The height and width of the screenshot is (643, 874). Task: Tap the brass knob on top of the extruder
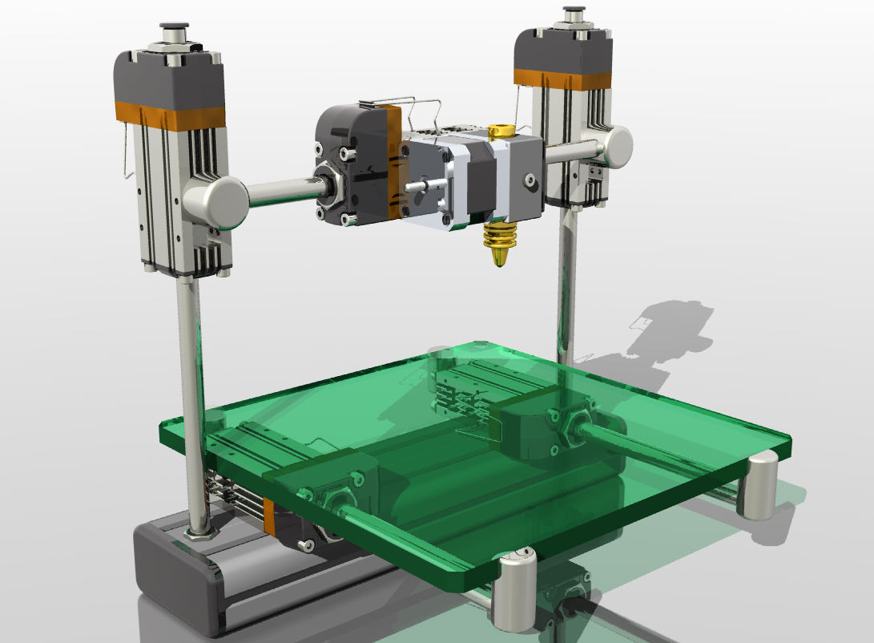[502, 129]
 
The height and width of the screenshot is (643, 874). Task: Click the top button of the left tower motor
[173, 33]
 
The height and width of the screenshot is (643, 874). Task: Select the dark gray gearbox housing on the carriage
[348, 164]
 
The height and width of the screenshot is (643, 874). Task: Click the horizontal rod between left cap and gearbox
[280, 192]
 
